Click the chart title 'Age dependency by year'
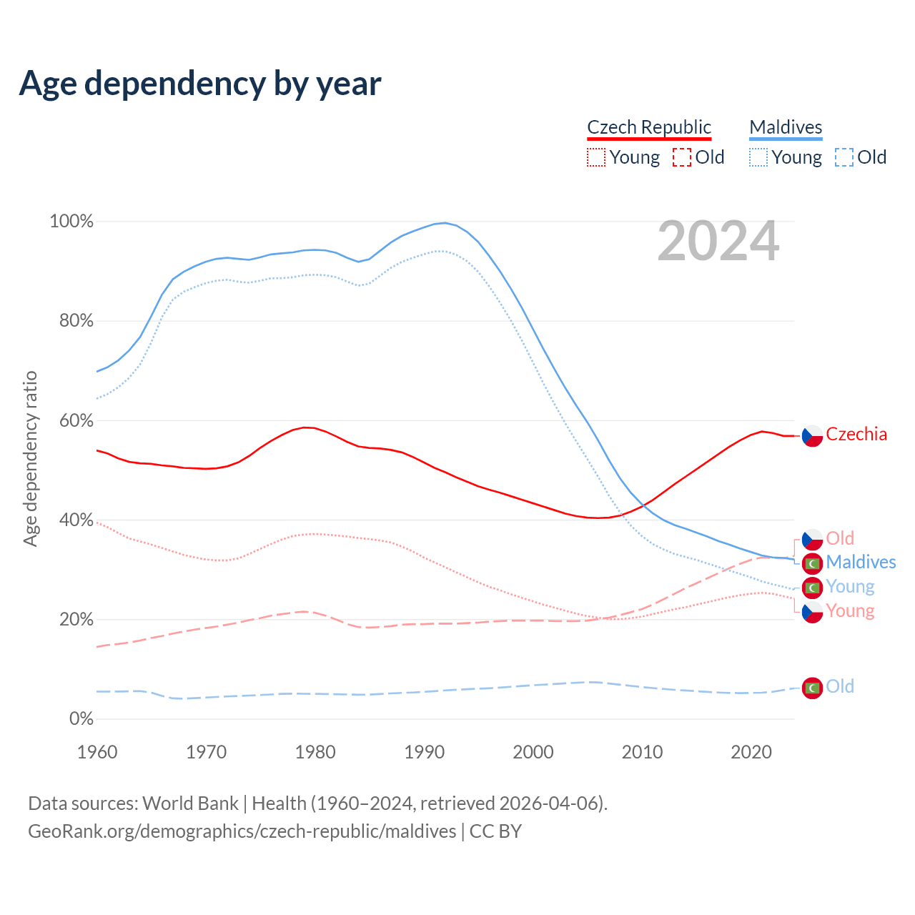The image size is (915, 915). [200, 83]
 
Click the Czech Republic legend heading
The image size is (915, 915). [648, 127]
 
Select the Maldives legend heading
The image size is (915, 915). [786, 127]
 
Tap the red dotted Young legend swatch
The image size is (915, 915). [595, 157]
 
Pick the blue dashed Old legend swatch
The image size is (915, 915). [844, 157]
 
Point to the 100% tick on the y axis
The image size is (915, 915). [71, 222]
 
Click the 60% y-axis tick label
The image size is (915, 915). [76, 420]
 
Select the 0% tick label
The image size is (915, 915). [81, 719]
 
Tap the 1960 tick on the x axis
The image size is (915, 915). [97, 752]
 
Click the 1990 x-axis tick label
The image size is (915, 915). [425, 752]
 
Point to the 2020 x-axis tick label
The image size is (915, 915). [751, 752]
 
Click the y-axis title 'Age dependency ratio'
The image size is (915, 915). [30, 458]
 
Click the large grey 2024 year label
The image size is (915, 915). [718, 242]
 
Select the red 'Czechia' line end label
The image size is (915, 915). [856, 434]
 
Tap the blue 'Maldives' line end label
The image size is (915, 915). [861, 562]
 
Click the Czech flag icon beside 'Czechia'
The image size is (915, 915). [812, 435]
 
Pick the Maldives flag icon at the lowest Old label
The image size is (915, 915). [812, 688]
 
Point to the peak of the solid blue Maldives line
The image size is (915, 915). [445, 223]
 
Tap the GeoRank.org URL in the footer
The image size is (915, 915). [242, 831]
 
